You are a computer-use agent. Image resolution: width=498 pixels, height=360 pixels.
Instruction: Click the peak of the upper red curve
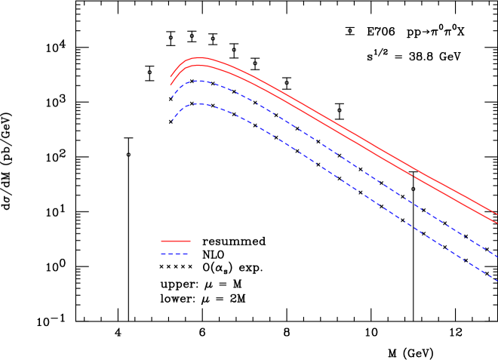[199, 57]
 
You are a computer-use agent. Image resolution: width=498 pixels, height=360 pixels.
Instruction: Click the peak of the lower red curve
[198, 65]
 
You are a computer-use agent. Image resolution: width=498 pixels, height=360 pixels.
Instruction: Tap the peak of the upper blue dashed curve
[198, 81]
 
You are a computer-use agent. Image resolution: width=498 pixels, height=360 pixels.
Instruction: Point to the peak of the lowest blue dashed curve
[198, 104]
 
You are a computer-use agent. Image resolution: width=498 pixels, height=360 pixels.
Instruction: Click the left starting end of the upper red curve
[171, 77]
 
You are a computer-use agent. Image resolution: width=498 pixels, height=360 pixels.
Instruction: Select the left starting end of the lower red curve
[171, 85]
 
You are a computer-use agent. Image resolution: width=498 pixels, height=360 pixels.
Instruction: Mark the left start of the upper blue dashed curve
[171, 97]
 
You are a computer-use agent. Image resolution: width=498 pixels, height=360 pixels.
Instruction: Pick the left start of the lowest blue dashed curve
[171, 121]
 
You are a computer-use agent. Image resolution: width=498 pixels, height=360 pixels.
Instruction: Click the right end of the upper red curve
[496, 214]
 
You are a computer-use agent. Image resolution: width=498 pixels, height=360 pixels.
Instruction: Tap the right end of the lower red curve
[496, 223]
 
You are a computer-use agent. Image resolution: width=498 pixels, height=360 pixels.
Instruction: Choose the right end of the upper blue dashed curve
[496, 257]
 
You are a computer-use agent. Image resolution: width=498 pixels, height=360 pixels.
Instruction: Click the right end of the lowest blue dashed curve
[496, 280]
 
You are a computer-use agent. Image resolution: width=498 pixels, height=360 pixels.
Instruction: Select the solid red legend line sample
[176, 241]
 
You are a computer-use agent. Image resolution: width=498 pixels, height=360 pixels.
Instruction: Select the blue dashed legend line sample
[174, 254]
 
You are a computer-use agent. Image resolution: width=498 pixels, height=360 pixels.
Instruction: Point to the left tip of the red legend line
[161, 241]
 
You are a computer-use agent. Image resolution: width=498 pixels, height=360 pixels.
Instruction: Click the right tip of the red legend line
[190, 241]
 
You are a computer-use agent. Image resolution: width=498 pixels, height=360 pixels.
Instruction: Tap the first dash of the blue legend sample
[163, 254]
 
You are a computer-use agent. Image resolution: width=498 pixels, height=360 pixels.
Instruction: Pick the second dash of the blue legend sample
[171, 254]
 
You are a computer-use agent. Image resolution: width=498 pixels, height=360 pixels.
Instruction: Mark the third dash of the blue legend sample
[178, 254]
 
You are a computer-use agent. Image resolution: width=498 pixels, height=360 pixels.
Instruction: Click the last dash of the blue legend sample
[185, 254]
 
